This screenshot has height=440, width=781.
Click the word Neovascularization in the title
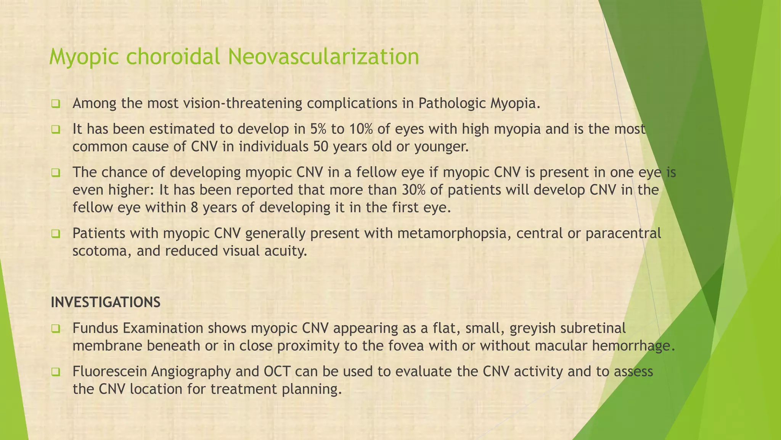(x=323, y=57)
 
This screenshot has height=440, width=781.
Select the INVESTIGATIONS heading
(x=106, y=302)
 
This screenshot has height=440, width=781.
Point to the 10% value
(x=360, y=129)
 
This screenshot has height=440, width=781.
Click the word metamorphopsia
(x=454, y=233)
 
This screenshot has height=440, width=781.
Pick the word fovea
(x=406, y=346)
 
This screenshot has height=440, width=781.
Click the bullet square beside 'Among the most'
(x=56, y=104)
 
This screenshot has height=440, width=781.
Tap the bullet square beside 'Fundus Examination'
(x=56, y=328)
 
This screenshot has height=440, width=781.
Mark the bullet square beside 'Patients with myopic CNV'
(x=56, y=233)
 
